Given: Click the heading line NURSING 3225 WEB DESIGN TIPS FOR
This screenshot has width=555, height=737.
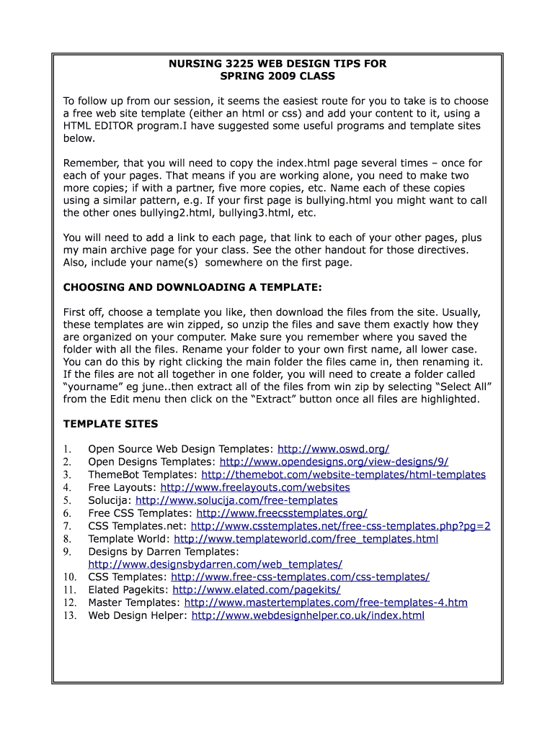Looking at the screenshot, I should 277,64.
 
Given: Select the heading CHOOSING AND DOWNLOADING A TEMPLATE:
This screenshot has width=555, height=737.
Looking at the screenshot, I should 192,287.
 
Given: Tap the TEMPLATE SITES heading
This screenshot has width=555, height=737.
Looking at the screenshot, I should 110,424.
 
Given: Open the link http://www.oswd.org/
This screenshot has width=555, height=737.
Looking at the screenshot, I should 333,449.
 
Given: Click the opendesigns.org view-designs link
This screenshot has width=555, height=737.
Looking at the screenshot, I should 334,462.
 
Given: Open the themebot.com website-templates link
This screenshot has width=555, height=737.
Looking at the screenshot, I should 343,475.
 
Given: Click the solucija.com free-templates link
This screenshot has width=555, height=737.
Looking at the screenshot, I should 236,500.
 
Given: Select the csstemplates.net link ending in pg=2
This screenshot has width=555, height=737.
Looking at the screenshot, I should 340,526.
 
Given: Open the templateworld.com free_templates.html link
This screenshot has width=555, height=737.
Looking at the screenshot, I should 306,539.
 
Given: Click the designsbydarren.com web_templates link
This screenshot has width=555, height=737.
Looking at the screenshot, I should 215,564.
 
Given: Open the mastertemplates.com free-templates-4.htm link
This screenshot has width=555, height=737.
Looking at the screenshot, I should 326,602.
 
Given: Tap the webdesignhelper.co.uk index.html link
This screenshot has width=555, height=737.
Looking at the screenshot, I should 308,615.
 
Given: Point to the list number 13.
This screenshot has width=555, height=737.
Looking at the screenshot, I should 69,615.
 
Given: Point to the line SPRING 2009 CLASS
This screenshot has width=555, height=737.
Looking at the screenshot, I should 277,76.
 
